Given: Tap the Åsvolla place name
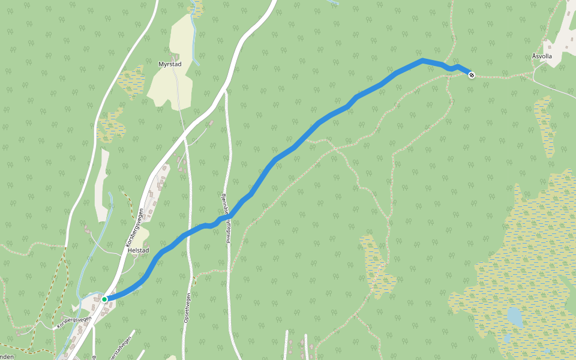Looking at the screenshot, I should tap(541, 56).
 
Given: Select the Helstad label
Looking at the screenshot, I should tap(139, 250).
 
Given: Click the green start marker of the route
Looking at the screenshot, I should tap(104, 299).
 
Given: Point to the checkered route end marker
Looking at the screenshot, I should tap(472, 75).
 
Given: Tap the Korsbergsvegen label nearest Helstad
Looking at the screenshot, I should tap(136, 228).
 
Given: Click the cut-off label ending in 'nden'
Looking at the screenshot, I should tap(7, 356).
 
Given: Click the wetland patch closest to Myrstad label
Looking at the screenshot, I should tap(131, 82).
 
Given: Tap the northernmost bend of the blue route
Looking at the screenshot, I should tap(423, 60).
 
